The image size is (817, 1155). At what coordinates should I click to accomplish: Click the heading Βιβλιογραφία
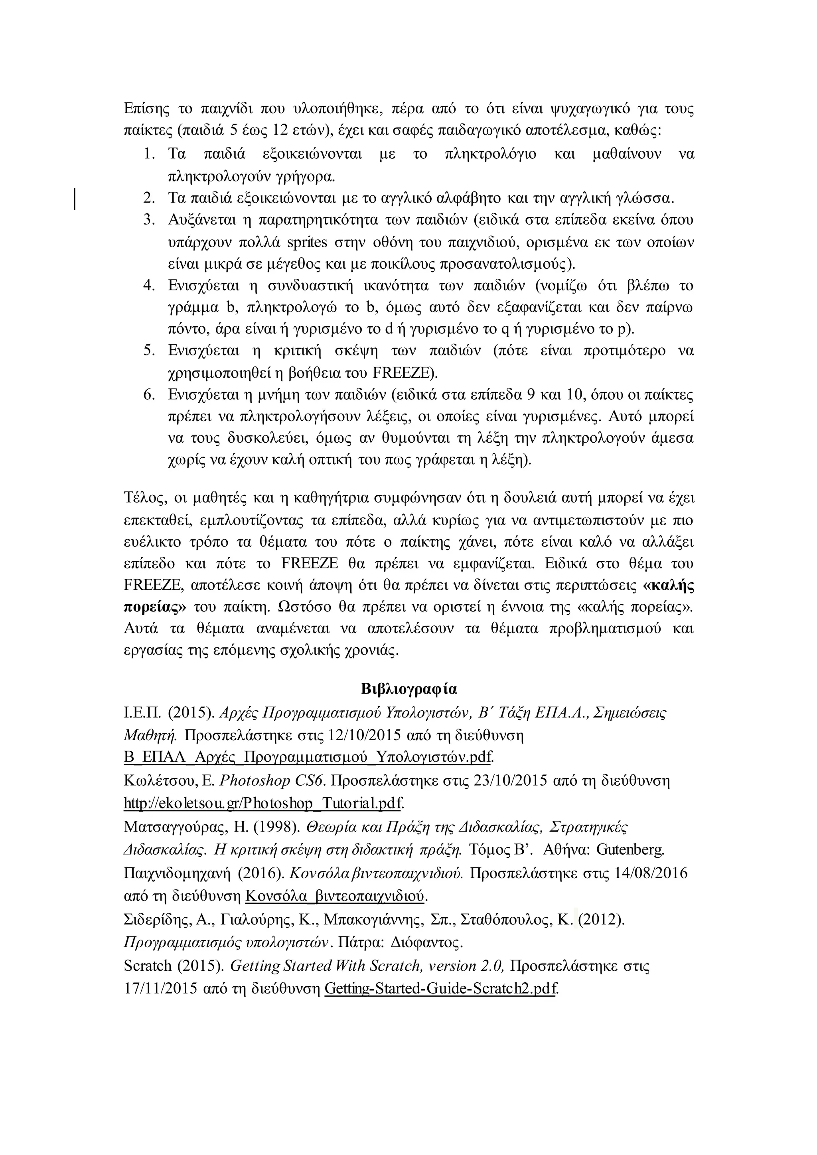click(x=408, y=689)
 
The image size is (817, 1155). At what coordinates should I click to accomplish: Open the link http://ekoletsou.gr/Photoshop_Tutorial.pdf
click(x=263, y=803)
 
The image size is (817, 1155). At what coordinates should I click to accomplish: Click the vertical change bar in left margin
click(x=75, y=198)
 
